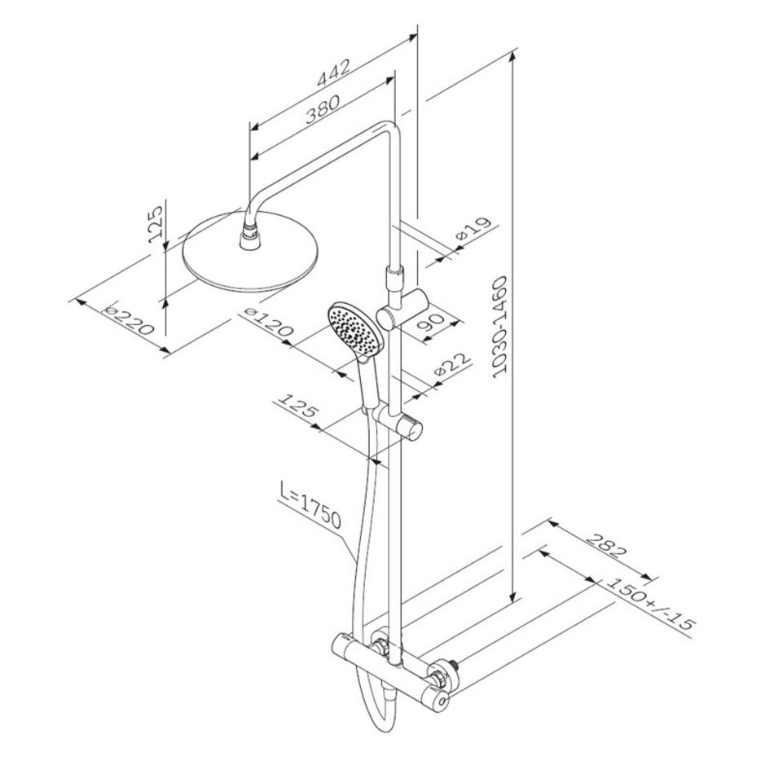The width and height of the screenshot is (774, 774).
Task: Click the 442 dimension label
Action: tap(334, 74)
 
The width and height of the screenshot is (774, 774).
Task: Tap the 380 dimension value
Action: tap(323, 109)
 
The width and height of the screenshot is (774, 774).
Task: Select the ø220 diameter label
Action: tap(130, 319)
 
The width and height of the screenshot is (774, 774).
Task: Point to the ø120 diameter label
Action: tap(269, 323)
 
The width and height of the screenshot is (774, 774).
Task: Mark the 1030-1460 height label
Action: tap(500, 328)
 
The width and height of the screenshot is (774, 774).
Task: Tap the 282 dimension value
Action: tap(606, 546)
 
